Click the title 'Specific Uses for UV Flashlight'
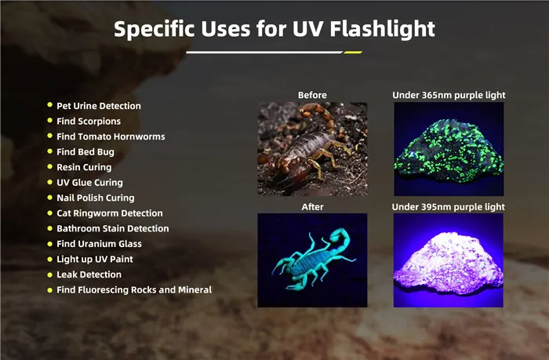click(x=274, y=29)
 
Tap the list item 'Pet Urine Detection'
click(x=99, y=106)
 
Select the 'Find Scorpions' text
click(x=89, y=122)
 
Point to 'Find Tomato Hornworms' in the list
click(x=111, y=136)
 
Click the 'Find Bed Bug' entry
click(x=85, y=152)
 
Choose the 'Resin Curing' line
click(x=84, y=167)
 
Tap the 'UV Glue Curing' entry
click(x=89, y=183)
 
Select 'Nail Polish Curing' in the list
click(x=96, y=198)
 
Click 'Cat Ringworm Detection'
click(x=110, y=213)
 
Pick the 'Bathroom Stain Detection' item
click(x=113, y=228)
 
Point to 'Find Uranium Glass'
click(x=98, y=244)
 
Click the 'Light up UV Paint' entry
click(x=95, y=259)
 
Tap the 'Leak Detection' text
click(x=89, y=275)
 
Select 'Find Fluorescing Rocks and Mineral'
click(x=134, y=290)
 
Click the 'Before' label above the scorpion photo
click(x=312, y=96)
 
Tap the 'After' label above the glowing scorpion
click(x=312, y=207)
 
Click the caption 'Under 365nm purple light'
click(x=449, y=96)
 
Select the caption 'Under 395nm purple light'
click(x=449, y=207)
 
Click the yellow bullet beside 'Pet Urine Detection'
click(x=49, y=106)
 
